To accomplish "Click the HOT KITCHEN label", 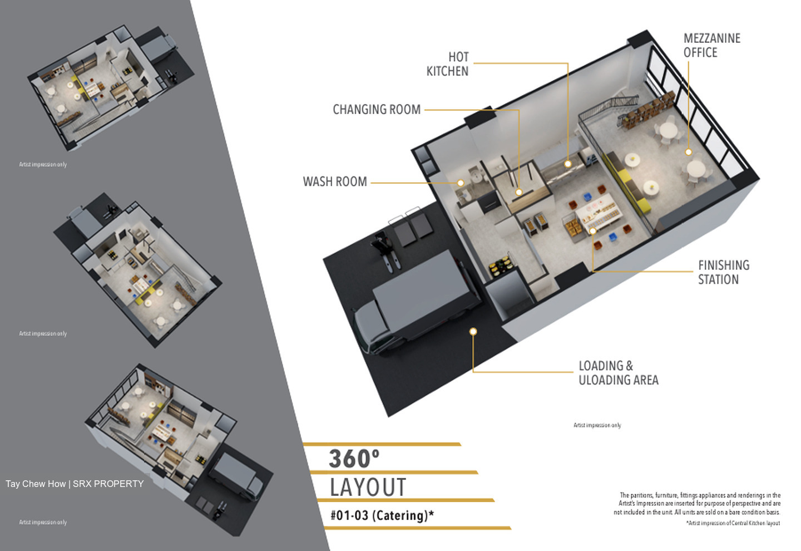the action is point(447,64).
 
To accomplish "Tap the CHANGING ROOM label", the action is point(377,110).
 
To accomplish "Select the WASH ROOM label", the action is point(335,182).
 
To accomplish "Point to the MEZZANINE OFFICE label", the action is point(711,46).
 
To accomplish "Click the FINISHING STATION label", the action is point(723,272).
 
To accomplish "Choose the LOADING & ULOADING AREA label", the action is point(619,373).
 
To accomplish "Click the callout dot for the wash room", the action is point(461,183).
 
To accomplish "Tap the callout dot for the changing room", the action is point(519,193).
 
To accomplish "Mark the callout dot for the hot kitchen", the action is point(568,164).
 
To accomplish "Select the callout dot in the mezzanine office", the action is point(689,152).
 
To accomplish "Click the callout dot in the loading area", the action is point(473,332).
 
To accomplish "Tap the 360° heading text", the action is point(354,459).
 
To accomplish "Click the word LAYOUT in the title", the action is point(368,488).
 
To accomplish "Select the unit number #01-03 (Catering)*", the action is point(382,515).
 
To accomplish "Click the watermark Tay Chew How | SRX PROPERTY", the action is point(75,484).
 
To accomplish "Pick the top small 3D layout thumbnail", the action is point(111,88).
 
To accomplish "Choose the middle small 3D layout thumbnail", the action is point(138,270).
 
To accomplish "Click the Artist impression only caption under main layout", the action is point(597,425).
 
